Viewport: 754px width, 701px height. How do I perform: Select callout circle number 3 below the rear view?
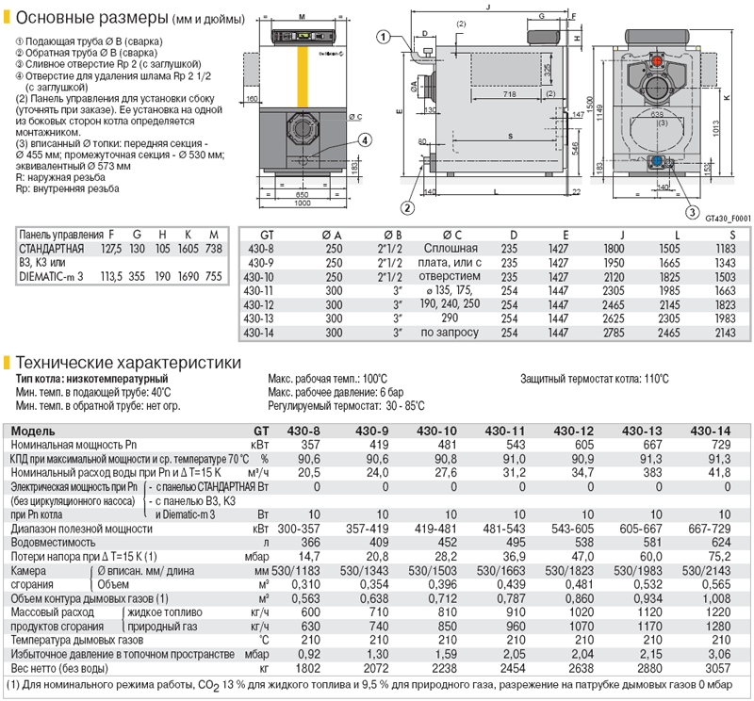(691, 212)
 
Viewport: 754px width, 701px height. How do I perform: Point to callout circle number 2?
(407, 207)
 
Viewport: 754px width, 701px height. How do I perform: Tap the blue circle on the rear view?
(656, 161)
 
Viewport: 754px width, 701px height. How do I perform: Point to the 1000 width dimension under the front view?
(303, 204)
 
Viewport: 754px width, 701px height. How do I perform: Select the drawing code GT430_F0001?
(726, 219)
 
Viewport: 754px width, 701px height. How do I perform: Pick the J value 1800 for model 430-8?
(614, 248)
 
